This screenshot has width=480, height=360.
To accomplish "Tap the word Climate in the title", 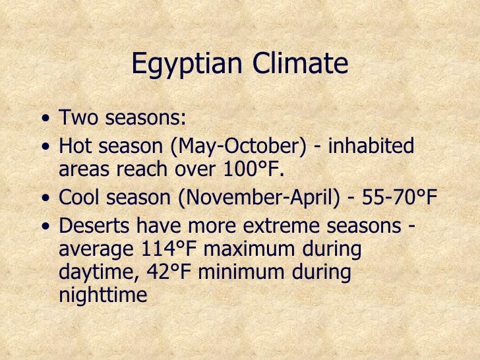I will tap(296, 64).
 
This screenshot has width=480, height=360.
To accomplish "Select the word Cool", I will tap(80, 196).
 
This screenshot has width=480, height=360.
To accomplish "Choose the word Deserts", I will tap(95, 225).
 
